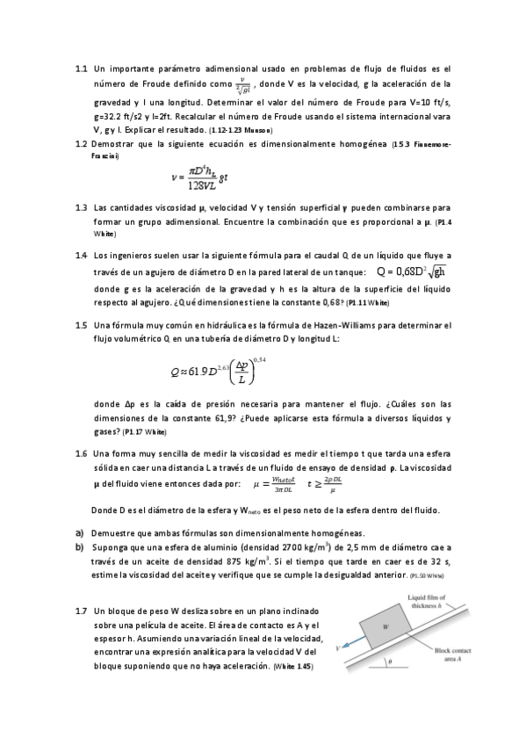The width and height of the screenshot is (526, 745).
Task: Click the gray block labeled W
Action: coord(385,626)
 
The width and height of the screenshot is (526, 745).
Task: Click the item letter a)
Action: coord(79,532)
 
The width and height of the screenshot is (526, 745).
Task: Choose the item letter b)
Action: coord(79,546)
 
